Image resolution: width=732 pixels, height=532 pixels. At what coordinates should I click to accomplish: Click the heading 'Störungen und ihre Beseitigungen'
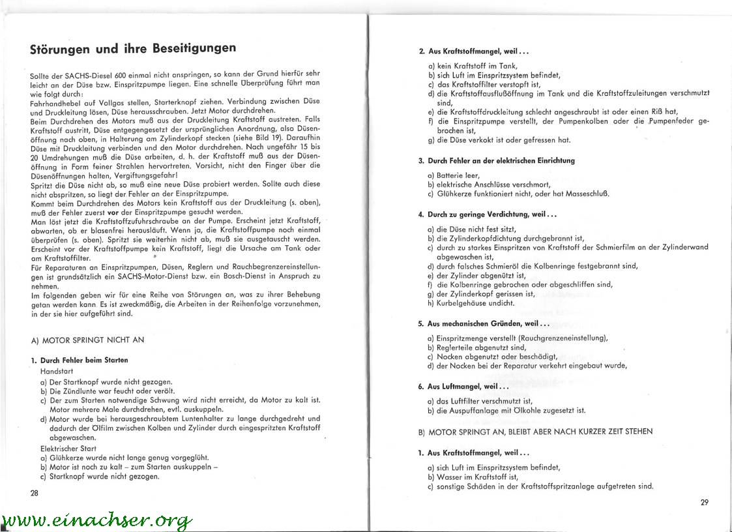[133, 49]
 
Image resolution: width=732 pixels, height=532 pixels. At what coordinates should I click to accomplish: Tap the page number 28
[35, 493]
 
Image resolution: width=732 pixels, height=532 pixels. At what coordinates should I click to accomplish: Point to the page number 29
[704, 502]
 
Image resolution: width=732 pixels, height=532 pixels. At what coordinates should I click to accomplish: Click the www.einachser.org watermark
[98, 520]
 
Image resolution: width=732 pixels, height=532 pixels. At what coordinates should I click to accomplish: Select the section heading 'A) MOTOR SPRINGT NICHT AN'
[87, 340]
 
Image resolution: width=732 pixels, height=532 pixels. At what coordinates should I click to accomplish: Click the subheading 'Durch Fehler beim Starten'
[83, 360]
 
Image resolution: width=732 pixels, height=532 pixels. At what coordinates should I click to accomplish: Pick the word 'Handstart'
[57, 370]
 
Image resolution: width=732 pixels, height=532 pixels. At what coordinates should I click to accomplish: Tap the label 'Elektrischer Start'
[68, 449]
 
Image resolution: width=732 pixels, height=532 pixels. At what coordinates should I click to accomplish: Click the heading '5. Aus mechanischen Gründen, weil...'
[483, 323]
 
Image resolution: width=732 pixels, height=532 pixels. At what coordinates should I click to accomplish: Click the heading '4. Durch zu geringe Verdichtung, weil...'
[487, 214]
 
